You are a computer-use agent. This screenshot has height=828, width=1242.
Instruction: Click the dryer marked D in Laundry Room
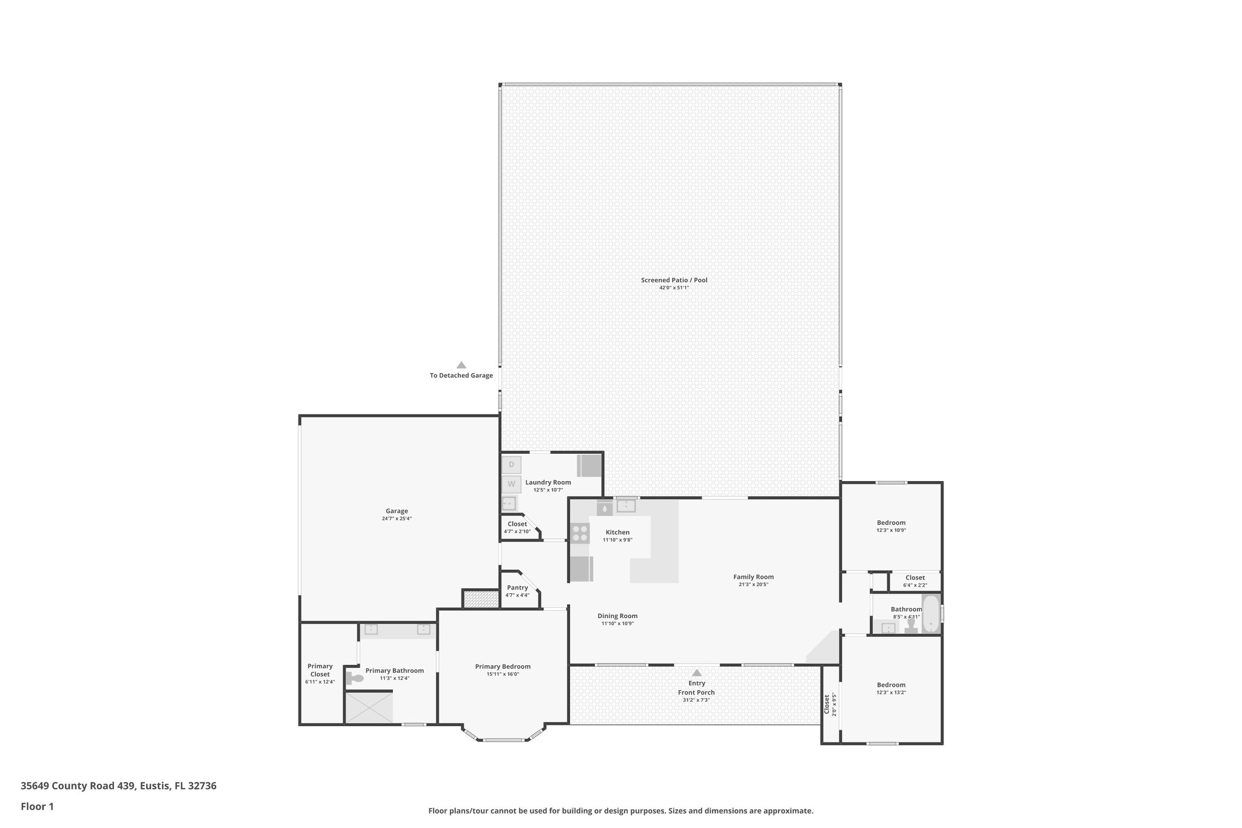(511, 465)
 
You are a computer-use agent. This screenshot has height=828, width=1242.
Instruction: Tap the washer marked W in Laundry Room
(511, 484)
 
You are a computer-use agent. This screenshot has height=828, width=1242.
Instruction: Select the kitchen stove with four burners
(580, 533)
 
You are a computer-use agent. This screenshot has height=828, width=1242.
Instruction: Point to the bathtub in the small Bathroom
(930, 614)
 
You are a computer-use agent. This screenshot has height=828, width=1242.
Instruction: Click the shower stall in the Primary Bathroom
(369, 707)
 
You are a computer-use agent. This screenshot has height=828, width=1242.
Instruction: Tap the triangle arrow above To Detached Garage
(462, 365)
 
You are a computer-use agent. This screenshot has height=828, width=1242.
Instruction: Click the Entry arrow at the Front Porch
(697, 673)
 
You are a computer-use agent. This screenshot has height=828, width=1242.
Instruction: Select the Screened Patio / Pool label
(674, 280)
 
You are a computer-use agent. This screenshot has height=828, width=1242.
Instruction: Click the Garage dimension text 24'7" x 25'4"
(397, 519)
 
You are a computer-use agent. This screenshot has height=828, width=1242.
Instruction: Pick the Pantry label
(517, 587)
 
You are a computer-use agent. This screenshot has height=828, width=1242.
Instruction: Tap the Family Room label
(753, 577)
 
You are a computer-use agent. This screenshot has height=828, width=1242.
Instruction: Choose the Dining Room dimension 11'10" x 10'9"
(617, 624)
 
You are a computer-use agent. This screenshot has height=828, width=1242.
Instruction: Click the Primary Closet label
(320, 670)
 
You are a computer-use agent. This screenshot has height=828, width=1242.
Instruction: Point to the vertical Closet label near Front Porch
(827, 704)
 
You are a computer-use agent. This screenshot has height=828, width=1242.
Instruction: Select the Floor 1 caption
(37, 806)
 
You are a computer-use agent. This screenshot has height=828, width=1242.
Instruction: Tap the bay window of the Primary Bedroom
(503, 739)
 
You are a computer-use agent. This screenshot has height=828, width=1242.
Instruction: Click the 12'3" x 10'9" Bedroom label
(891, 523)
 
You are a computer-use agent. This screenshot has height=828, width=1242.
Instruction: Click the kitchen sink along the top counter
(626, 505)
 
